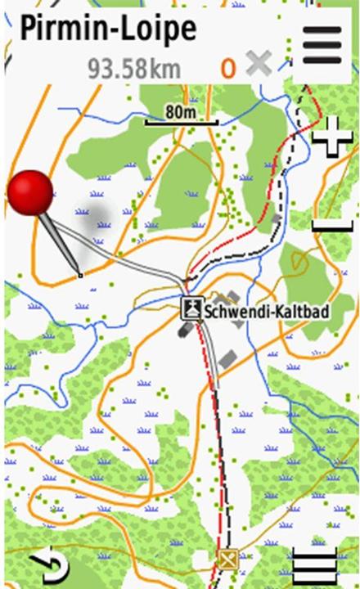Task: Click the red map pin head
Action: click(x=30, y=193)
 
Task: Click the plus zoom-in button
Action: click(x=332, y=136)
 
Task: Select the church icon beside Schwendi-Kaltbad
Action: click(x=191, y=309)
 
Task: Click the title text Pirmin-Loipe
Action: click(x=108, y=29)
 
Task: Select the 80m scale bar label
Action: click(x=180, y=111)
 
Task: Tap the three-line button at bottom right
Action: click(x=314, y=566)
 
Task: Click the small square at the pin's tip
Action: click(x=80, y=275)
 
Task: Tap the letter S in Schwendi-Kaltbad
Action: click(x=209, y=311)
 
